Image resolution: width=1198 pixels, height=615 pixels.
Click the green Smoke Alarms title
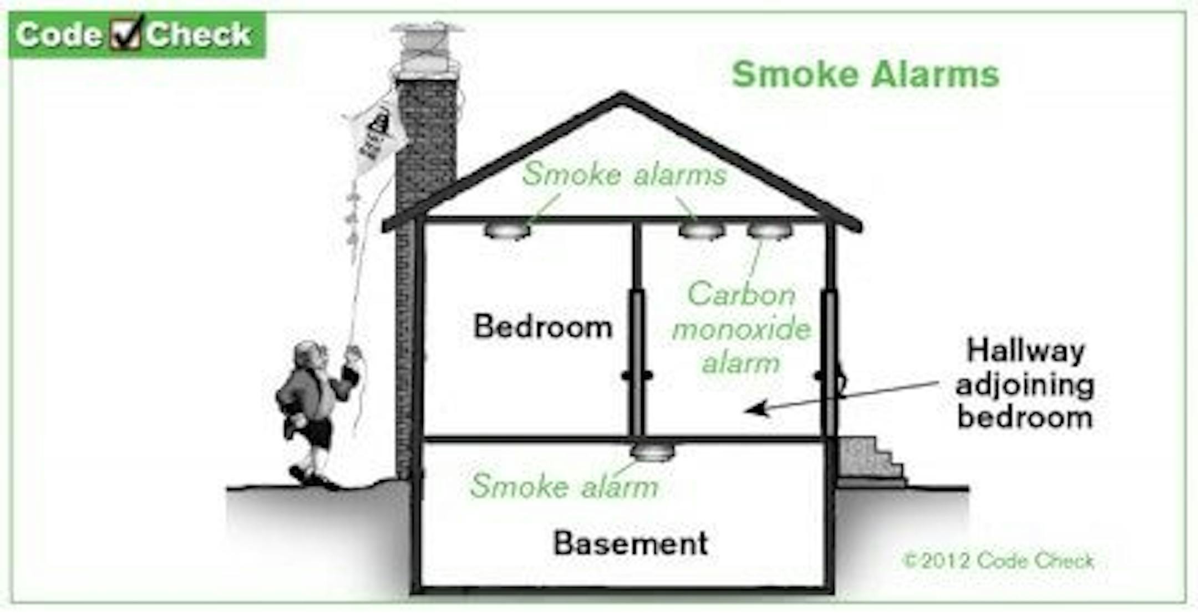tap(865, 74)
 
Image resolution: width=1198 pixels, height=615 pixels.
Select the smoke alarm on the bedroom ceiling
tap(507, 230)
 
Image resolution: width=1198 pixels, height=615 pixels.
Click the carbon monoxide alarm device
tap(770, 230)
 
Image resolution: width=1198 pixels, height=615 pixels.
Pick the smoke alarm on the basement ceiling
tap(652, 452)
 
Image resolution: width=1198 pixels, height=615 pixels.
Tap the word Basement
tap(631, 543)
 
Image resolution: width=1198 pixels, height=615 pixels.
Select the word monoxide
tap(742, 329)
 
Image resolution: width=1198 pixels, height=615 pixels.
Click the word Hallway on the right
tap(1025, 351)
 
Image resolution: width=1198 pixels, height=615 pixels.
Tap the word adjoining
tap(1025, 385)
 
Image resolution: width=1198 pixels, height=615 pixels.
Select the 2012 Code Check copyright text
tap(998, 561)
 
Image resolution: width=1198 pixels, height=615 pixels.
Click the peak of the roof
tap(622, 98)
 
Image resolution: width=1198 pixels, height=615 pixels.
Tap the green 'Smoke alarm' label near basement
tap(564, 486)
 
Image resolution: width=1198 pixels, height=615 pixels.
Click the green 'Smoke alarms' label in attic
tap(624, 174)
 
